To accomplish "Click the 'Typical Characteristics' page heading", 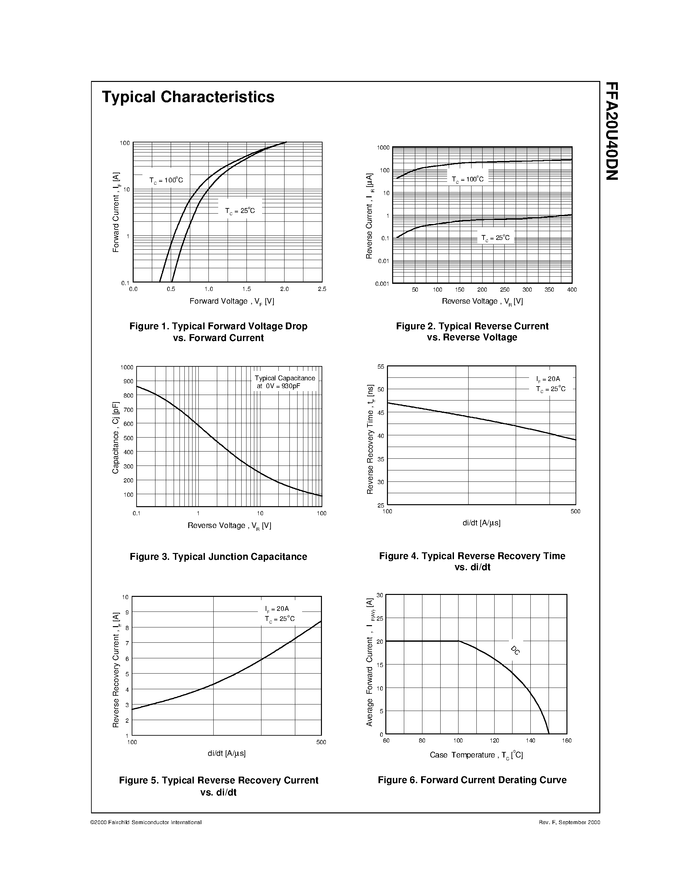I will pyautogui.click(x=188, y=97).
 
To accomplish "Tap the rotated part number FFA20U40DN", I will pyautogui.click(x=612, y=131).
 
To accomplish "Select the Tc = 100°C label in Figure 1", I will pyautogui.click(x=166, y=180).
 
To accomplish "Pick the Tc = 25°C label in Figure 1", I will pyautogui.click(x=240, y=211).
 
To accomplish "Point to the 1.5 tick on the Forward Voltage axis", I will pyautogui.click(x=246, y=289).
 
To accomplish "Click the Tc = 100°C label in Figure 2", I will pyautogui.click(x=468, y=179).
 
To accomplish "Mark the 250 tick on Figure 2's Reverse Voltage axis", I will pyautogui.click(x=505, y=290).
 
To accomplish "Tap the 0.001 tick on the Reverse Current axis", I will pyautogui.click(x=382, y=283).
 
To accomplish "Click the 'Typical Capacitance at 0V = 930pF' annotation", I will pyautogui.click(x=285, y=382).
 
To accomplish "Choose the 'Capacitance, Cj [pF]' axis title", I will pyautogui.click(x=115, y=437).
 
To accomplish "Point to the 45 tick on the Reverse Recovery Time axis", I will pyautogui.click(x=381, y=413).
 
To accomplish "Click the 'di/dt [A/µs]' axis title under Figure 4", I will pyautogui.click(x=481, y=523).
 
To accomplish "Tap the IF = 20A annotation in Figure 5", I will pyautogui.click(x=277, y=609).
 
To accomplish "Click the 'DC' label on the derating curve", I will pyautogui.click(x=515, y=651).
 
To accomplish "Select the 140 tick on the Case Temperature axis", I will pyautogui.click(x=531, y=741).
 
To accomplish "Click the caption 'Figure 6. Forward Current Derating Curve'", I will pyautogui.click(x=472, y=780).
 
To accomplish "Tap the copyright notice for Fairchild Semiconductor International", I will pyautogui.click(x=146, y=822).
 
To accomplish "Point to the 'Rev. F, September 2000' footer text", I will pyautogui.click(x=569, y=822).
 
